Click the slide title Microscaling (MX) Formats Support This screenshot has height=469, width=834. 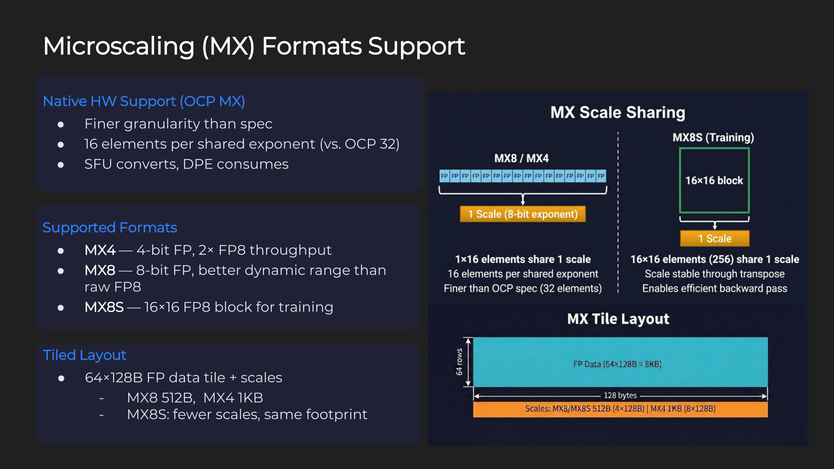(254, 46)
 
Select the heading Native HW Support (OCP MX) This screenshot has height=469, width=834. (144, 101)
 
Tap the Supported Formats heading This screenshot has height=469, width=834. (110, 228)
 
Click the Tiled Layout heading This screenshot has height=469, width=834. (84, 355)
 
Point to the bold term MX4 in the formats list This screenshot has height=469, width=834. (100, 250)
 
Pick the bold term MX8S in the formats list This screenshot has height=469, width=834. (104, 307)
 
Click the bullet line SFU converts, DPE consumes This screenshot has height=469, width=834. (186, 164)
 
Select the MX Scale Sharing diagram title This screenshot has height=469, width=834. (618, 112)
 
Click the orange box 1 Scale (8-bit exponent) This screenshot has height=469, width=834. (523, 214)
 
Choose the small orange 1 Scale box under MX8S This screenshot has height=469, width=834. (715, 239)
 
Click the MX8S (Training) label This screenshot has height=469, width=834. (713, 137)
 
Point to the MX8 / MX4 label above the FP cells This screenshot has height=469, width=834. (521, 158)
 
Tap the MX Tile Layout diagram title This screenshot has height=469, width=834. (618, 319)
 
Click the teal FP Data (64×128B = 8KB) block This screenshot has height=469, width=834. (620, 362)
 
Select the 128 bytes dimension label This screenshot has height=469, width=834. (620, 395)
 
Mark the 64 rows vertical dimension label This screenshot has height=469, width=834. (459, 362)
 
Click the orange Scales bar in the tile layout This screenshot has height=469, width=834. (620, 409)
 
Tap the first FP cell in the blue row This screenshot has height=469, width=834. (444, 176)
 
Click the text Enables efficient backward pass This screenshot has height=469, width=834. (715, 289)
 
